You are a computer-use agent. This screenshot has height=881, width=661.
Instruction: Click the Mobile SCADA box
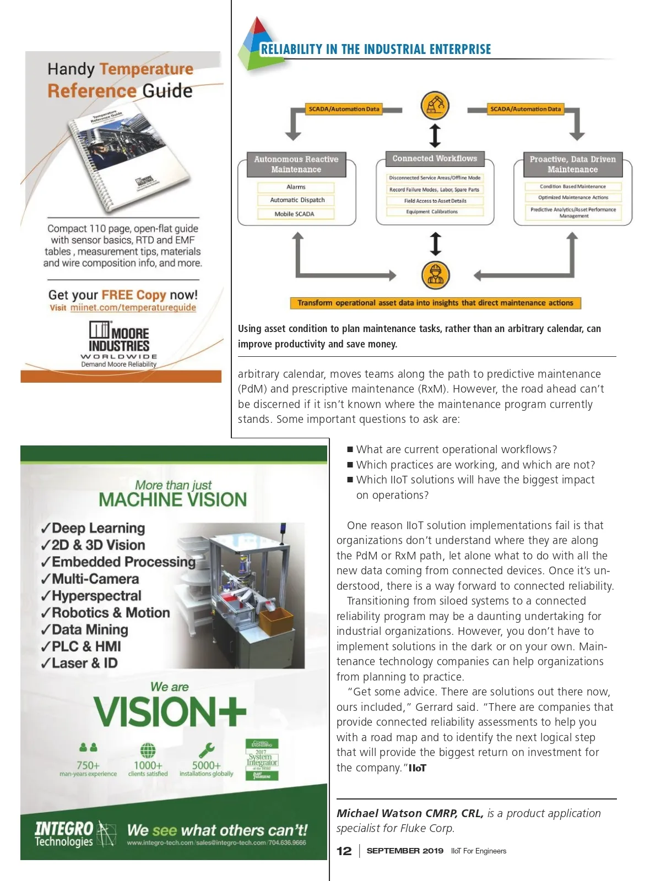click(295, 214)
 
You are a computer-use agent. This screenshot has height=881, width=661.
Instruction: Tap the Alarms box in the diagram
click(296, 187)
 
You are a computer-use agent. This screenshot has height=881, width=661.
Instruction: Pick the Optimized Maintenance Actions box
click(573, 197)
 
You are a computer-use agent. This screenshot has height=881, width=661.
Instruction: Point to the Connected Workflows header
click(435, 159)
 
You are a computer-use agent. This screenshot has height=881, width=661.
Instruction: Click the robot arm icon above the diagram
click(435, 106)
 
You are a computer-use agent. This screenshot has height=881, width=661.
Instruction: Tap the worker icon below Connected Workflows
click(435, 275)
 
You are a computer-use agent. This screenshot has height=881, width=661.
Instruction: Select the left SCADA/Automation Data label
click(344, 109)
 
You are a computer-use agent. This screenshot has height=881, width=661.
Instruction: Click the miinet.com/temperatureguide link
click(133, 308)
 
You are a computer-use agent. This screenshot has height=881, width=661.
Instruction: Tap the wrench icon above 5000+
click(207, 750)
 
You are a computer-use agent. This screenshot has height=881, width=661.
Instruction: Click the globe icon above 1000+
click(148, 750)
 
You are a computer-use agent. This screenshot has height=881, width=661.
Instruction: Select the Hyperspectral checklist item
click(91, 596)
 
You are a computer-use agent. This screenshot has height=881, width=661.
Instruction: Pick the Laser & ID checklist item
click(79, 663)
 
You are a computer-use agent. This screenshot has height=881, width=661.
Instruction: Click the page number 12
click(344, 851)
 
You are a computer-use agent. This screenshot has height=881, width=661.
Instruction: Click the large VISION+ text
click(170, 712)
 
